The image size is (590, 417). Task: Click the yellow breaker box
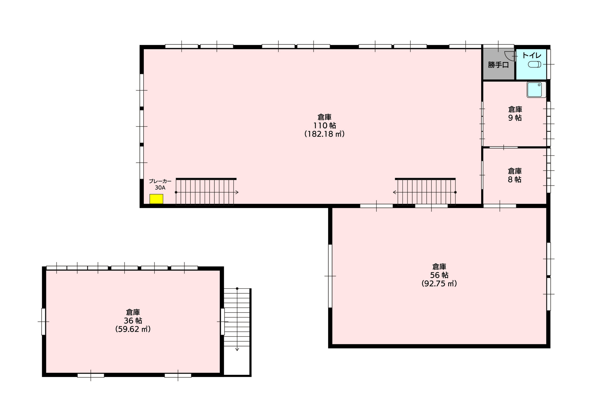pos(156,199)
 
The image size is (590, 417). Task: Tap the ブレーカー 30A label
pos(160,185)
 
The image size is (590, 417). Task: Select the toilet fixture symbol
pos(534,64)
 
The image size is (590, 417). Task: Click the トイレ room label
pos(532,55)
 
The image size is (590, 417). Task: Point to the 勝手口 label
pos(499,65)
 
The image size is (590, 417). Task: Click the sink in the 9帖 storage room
pos(536,90)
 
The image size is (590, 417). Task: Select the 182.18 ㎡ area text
pos(324,134)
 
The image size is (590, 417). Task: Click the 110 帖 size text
pos(324,125)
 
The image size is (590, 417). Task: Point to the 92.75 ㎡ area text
pos(439,283)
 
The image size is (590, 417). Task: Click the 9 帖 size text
pos(515,118)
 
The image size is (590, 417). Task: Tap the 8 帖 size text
pos(514,179)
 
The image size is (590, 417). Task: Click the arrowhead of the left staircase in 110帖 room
pos(237,192)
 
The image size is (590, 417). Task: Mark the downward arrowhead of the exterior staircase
pos(237,349)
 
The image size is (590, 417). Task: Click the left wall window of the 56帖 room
pos(330,276)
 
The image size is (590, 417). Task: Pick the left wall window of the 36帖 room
pos(43,322)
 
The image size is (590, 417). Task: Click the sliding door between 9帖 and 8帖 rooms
pos(503,147)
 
